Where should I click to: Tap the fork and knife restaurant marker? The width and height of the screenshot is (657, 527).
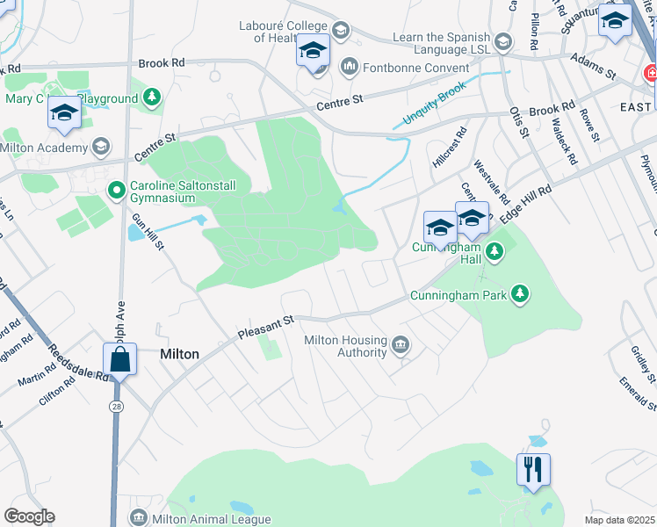(x=533, y=470)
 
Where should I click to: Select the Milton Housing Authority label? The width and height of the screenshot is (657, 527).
(x=345, y=347)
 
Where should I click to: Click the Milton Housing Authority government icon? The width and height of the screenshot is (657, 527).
(x=401, y=344)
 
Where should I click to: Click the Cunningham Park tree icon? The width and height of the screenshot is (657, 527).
(x=521, y=293)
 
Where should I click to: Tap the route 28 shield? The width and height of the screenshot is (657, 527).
(x=116, y=407)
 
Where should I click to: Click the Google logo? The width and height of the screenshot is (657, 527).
(x=29, y=516)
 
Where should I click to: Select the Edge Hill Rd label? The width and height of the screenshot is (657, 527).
(x=525, y=203)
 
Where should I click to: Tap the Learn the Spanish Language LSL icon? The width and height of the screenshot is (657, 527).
(x=502, y=41)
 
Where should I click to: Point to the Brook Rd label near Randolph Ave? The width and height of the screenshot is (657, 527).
(x=162, y=63)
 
